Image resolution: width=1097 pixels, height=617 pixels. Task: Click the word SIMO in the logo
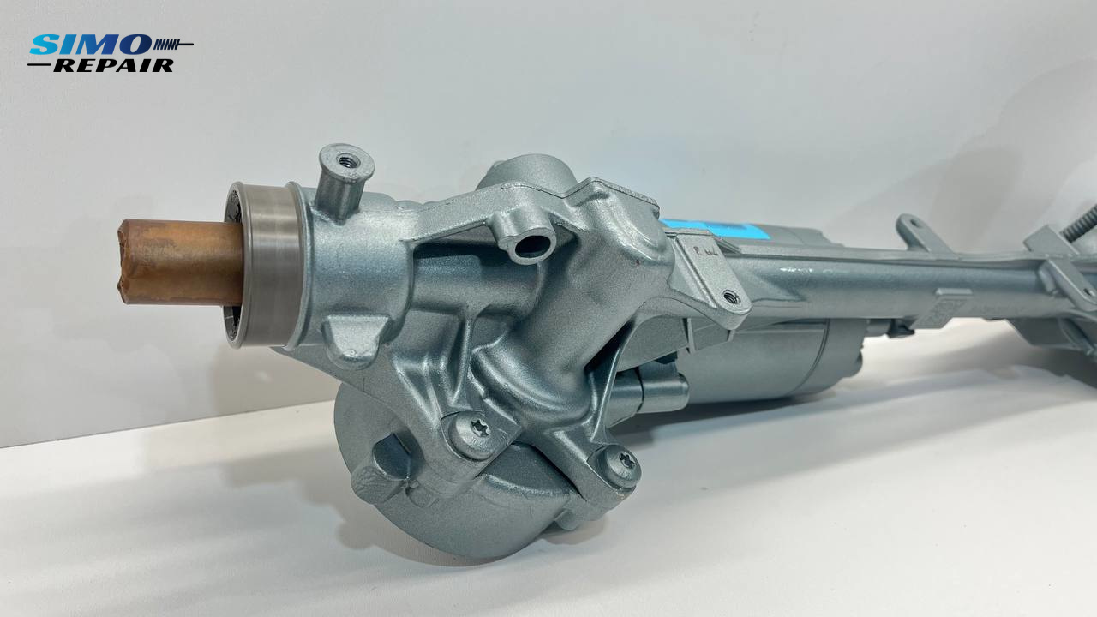[x=91, y=45]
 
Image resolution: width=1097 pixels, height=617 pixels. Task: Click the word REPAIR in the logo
[x=113, y=66]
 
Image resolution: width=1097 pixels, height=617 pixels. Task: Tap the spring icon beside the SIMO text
[x=173, y=45]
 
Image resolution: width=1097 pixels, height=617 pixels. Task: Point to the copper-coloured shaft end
[x=180, y=262]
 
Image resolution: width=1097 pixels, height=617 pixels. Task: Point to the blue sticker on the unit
[x=716, y=229]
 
